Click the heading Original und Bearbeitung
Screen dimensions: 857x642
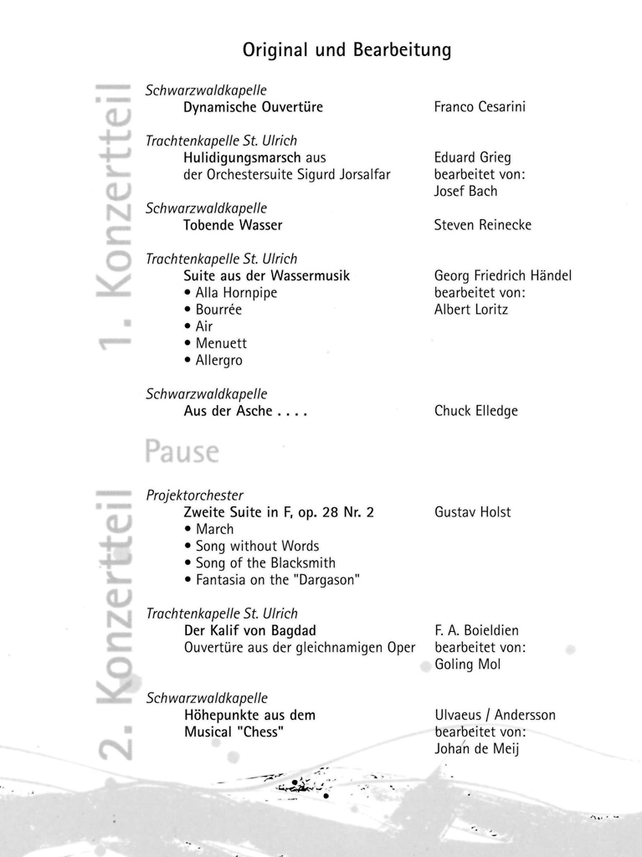pyautogui.click(x=347, y=50)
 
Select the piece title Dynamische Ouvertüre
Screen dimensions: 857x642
pyautogui.click(x=253, y=107)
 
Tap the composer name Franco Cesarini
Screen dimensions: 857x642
pyautogui.click(x=480, y=107)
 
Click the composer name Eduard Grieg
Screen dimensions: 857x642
pyautogui.click(x=472, y=157)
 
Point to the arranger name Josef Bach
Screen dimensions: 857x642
pyautogui.click(x=465, y=191)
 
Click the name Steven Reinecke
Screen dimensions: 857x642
pyautogui.click(x=482, y=225)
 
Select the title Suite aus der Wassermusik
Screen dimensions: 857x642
pyautogui.click(x=266, y=275)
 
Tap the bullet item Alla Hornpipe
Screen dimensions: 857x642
pyautogui.click(x=236, y=293)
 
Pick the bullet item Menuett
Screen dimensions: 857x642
pyautogui.click(x=221, y=343)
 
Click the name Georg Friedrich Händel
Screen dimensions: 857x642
pyautogui.click(x=502, y=275)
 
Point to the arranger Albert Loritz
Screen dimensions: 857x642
pyautogui.click(x=470, y=310)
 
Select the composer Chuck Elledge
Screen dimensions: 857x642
pyautogui.click(x=475, y=411)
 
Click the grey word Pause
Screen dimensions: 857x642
pyautogui.click(x=182, y=453)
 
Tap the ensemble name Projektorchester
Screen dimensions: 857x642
pyautogui.click(x=194, y=495)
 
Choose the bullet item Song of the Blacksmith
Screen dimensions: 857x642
pyautogui.click(x=265, y=563)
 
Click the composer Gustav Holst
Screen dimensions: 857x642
pyautogui.click(x=472, y=512)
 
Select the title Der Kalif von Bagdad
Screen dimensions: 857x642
pyautogui.click(x=249, y=630)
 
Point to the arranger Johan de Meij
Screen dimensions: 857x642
pyautogui.click(x=476, y=749)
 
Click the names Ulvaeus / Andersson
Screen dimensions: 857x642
pyautogui.click(x=495, y=715)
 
